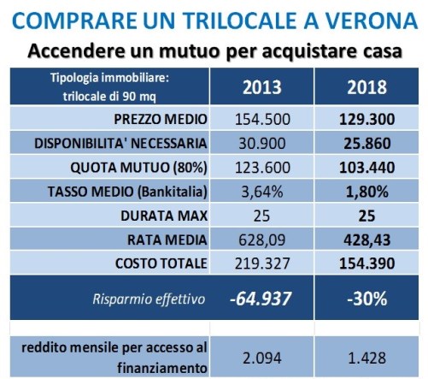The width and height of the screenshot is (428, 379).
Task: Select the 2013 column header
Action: (x=262, y=87)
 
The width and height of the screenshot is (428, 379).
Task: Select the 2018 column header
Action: (x=366, y=87)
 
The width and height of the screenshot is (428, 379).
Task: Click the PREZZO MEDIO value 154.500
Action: (x=262, y=119)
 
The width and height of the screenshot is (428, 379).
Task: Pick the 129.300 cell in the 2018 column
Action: (x=366, y=119)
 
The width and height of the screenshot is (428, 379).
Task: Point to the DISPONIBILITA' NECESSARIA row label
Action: (x=120, y=143)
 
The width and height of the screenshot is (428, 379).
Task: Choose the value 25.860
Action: (x=367, y=144)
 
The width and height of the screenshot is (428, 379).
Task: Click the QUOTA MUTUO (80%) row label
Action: (x=138, y=168)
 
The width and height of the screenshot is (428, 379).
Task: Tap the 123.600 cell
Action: (x=262, y=168)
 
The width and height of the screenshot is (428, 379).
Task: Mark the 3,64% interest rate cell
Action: (x=262, y=192)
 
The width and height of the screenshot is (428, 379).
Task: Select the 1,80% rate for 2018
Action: (x=366, y=192)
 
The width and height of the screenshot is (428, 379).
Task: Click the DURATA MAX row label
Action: (x=164, y=216)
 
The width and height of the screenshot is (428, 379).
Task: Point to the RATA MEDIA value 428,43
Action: (x=366, y=240)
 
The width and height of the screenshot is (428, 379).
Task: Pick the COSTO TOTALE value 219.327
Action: (x=262, y=264)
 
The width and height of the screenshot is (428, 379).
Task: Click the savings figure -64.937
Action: (x=261, y=299)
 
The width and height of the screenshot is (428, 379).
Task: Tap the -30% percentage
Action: (x=367, y=299)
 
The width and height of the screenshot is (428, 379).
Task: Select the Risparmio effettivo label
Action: (x=149, y=299)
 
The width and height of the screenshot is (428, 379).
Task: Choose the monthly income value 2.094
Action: (x=262, y=358)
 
